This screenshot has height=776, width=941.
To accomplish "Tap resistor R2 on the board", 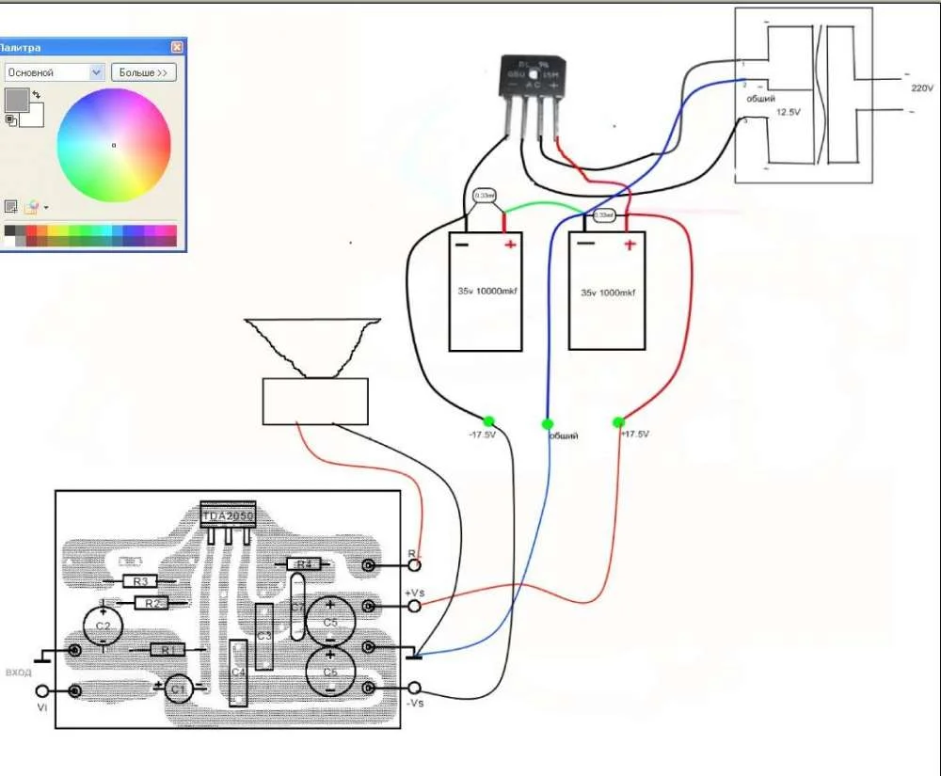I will (151, 602).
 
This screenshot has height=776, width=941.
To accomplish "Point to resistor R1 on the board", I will (167, 649).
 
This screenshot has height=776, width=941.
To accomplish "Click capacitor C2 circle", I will (104, 626).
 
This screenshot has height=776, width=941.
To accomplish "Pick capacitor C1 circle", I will (176, 690).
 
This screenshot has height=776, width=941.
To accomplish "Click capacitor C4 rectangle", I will (238, 672).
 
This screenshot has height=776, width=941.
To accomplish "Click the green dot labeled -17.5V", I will (488, 420).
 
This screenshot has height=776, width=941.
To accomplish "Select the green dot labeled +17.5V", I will (618, 421).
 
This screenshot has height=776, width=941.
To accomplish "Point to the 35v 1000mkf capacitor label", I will (606, 293).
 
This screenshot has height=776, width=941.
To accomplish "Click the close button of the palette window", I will (177, 47).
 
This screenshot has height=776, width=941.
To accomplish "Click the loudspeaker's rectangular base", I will (314, 401).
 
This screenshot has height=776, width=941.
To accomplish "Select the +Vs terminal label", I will (416, 594).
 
